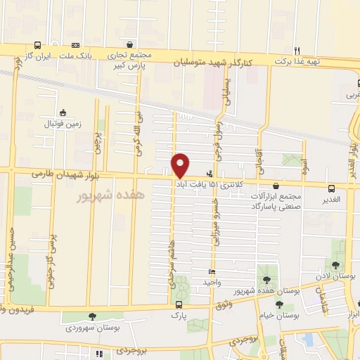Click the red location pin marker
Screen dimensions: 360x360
click(181, 165)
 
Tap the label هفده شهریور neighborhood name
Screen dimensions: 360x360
click(110, 194)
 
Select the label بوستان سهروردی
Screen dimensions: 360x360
click(92, 328)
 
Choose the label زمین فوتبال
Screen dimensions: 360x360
click(64, 124)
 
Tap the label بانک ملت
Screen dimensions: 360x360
click(76, 55)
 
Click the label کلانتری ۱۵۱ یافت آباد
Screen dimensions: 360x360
click(212, 182)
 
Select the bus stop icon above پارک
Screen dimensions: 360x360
click(179, 305)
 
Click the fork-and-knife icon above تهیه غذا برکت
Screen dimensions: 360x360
click(297, 51)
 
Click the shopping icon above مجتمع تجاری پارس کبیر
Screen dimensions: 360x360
click(128, 44)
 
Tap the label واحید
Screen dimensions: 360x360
click(212, 282)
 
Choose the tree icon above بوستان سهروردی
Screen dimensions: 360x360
click(92, 316)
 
